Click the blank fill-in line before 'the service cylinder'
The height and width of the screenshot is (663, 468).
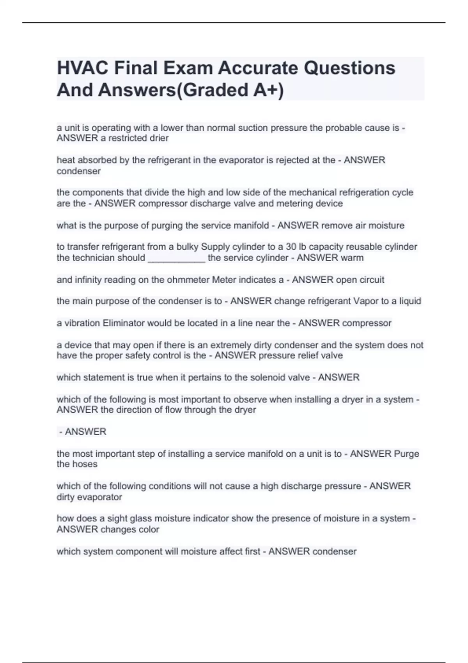(176, 258)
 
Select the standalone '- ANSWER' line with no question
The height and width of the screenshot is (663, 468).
(83, 432)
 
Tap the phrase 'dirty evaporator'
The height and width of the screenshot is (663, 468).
(89, 497)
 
